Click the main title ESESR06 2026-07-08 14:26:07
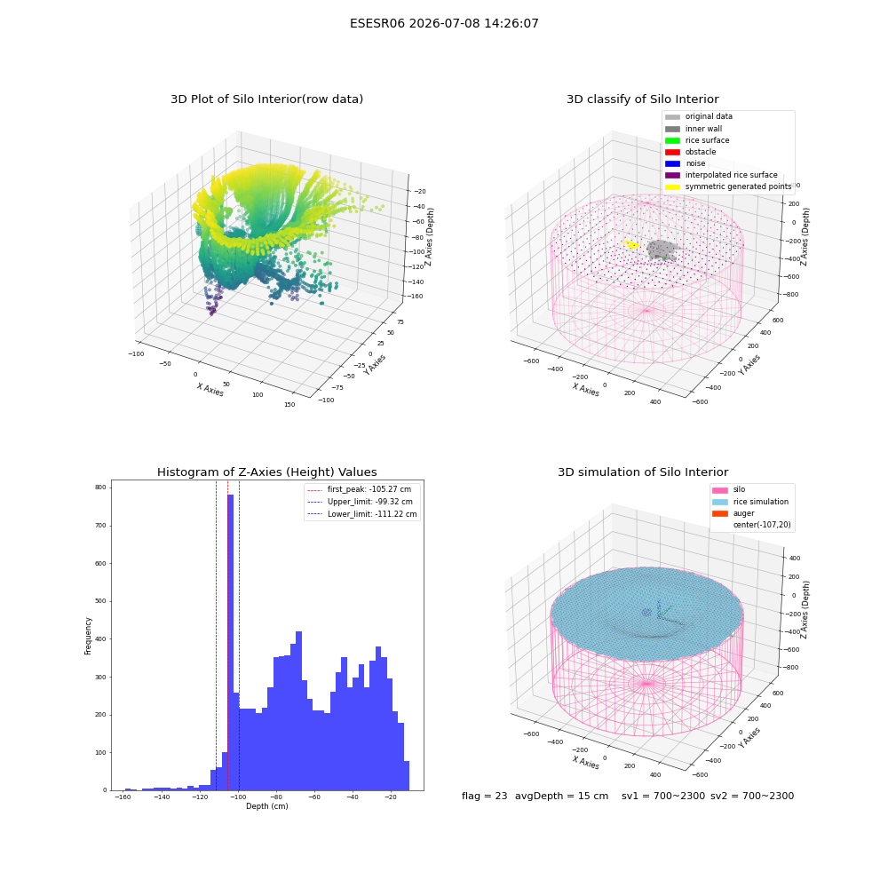pyautogui.click(x=444, y=24)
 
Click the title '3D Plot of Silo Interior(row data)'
pyautogui.click(x=266, y=99)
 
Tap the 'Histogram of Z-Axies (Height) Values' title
pyautogui.click(x=266, y=472)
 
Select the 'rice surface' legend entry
pyautogui.click(x=696, y=140)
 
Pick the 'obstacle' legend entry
pyautogui.click(x=690, y=152)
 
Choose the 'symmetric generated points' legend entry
pyautogui.click(x=728, y=186)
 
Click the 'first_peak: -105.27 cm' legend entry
pyautogui.click(x=359, y=489)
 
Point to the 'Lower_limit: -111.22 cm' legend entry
pyautogui.click(x=362, y=514)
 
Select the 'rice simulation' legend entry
pyautogui.click(x=749, y=502)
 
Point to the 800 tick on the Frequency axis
pyautogui.click(x=100, y=487)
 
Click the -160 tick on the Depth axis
pyautogui.click(x=123, y=797)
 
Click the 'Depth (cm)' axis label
pyautogui.click(x=266, y=806)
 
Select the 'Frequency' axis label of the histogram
pyautogui.click(x=88, y=636)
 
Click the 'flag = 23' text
pyautogui.click(x=484, y=797)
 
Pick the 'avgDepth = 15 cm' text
pyautogui.click(x=561, y=797)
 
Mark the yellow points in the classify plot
pyautogui.click(x=631, y=245)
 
